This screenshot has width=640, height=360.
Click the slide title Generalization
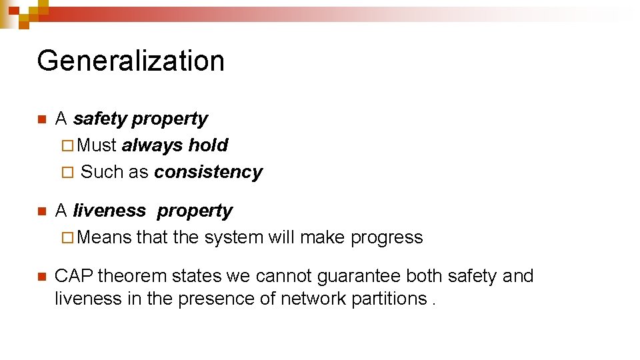[x=131, y=61]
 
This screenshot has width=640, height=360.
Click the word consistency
[x=208, y=172]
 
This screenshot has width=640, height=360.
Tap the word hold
[x=208, y=145]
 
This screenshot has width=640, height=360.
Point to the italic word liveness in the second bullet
[x=109, y=211]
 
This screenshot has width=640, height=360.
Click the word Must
[x=97, y=145]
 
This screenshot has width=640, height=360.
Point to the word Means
[x=105, y=238]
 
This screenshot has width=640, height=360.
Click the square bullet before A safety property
[x=41, y=120]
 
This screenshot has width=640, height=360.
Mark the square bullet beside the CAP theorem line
[x=41, y=277]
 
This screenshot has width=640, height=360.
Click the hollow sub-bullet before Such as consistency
[x=65, y=173]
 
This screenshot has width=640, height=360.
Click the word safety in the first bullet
[x=100, y=119]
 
